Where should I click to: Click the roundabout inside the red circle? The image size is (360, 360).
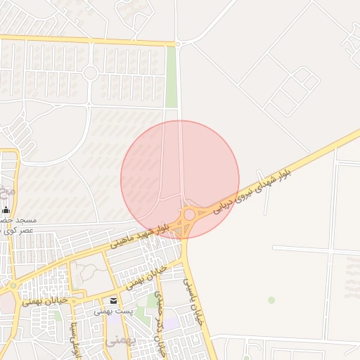(189, 214)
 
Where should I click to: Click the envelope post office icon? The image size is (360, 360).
(114, 300)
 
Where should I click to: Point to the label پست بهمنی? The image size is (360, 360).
(114, 311)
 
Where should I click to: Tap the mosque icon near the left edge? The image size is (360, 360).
(6, 210)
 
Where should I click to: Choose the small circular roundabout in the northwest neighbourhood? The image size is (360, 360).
(90, 72)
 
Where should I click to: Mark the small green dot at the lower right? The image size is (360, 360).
(271, 300)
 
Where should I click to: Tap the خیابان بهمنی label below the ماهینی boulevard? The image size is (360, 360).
(148, 276)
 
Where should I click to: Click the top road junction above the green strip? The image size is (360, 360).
(178, 44)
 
